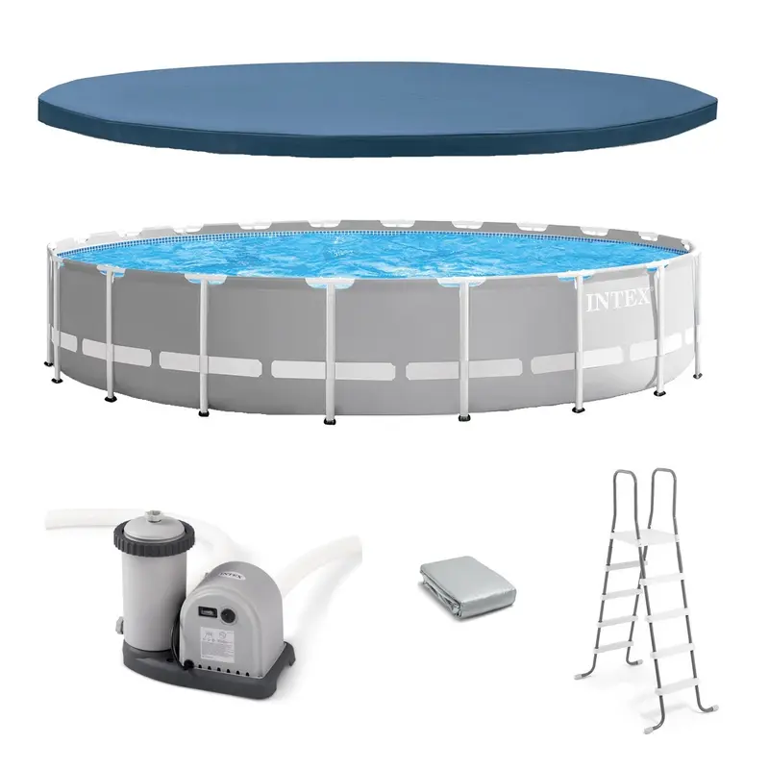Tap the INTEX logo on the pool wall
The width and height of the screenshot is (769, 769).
[618, 301]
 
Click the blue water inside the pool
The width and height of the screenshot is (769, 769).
[365, 252]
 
